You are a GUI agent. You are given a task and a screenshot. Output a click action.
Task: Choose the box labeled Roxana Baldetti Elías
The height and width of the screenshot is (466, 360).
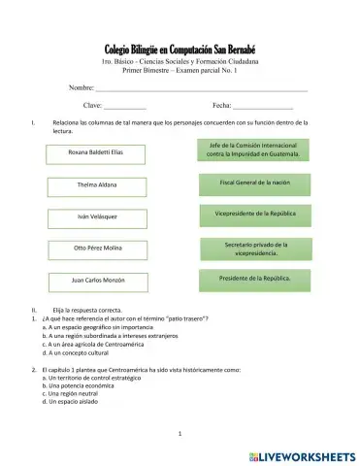(x=95, y=153)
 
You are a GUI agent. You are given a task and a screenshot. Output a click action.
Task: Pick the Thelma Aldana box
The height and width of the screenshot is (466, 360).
(x=95, y=184)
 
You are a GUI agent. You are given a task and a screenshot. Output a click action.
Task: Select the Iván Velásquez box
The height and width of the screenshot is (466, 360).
(x=95, y=216)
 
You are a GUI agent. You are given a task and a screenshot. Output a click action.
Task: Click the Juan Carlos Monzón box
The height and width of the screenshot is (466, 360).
(x=95, y=281)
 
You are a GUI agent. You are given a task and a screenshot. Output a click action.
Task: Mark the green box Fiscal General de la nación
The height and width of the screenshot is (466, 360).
(x=255, y=183)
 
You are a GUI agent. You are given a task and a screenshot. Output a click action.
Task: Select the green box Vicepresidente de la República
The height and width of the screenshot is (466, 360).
(x=255, y=213)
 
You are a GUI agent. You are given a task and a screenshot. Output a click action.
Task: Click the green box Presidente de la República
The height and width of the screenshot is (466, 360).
(x=255, y=280)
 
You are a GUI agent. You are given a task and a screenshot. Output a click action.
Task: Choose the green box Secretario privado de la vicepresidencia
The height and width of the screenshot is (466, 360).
(x=255, y=250)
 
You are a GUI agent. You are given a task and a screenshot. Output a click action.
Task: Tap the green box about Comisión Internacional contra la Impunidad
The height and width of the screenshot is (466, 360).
(x=255, y=150)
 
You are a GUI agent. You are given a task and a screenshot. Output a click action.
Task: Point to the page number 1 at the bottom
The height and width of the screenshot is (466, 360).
(x=180, y=434)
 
